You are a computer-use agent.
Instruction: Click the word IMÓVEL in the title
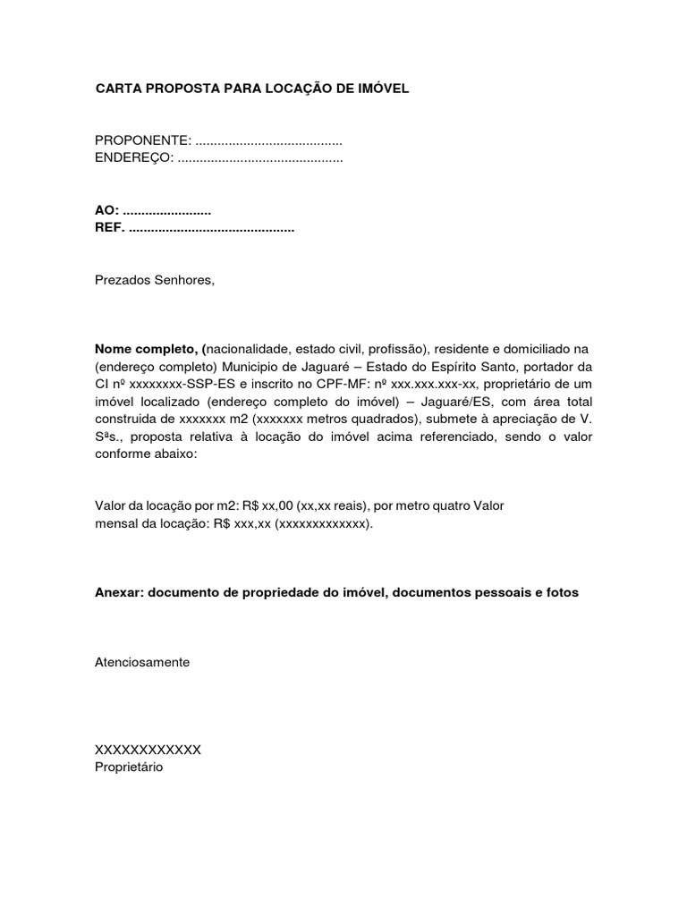pyautogui.click(x=385, y=89)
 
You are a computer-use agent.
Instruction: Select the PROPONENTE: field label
pyautogui.click(x=143, y=141)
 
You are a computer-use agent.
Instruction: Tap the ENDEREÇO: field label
pyautogui.click(x=134, y=158)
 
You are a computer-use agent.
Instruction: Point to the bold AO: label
pyautogui.click(x=106, y=211)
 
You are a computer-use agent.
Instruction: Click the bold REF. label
pyautogui.click(x=110, y=228)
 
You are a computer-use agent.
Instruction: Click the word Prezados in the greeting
pyautogui.click(x=121, y=280)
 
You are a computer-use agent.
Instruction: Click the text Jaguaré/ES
pyautogui.click(x=452, y=402)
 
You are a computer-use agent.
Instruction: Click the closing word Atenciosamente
pyautogui.click(x=142, y=662)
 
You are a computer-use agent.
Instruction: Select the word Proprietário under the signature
pyautogui.click(x=129, y=767)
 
